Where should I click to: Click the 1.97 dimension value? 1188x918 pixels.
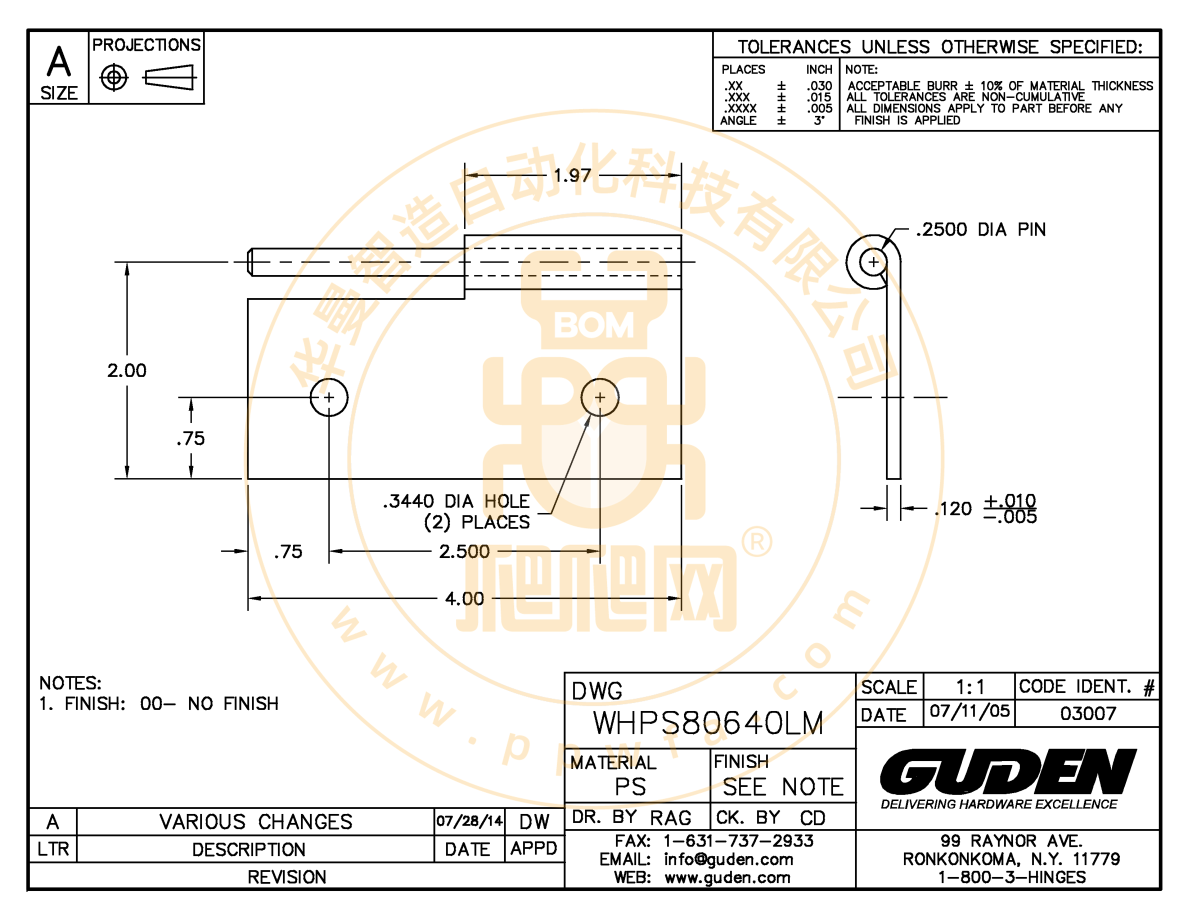coord(572,175)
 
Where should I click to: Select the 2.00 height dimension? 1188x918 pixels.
coord(126,370)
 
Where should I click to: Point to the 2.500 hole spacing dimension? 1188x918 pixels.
coord(464,551)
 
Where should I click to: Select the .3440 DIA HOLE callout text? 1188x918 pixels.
coord(456,501)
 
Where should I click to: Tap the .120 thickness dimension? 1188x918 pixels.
coord(953,509)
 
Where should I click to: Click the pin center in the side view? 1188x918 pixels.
coord(873,262)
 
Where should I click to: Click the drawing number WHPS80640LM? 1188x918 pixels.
coord(708,723)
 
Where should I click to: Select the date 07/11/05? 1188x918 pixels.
coord(969,711)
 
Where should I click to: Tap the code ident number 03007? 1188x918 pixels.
coord(1088,713)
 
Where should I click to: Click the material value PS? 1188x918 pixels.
coord(630,787)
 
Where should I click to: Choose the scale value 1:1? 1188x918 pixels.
coord(970,687)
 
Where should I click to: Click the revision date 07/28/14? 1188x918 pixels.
coord(469,820)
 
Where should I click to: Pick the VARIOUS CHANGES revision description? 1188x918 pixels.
coord(255,821)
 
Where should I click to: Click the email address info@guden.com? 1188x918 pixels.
coord(728,859)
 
